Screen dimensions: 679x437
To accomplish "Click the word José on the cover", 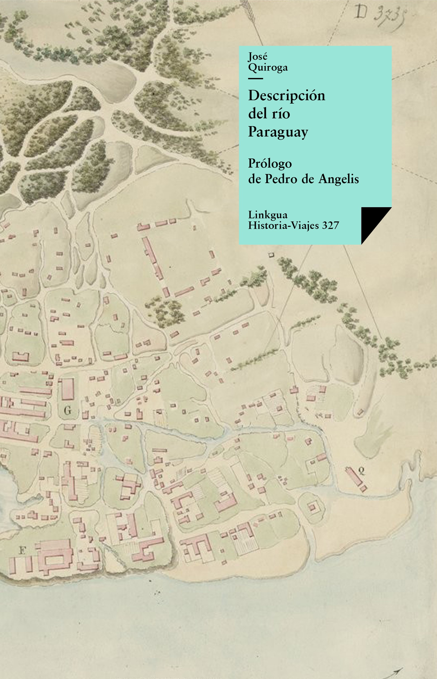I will click(257, 57).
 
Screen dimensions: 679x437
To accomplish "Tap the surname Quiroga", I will click(268, 67).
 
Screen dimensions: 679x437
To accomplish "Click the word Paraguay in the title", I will click(278, 132).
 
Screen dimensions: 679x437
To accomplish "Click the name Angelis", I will click(339, 179).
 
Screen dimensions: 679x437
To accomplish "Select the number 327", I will click(331, 226).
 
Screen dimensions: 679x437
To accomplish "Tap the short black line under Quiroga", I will click(255, 78).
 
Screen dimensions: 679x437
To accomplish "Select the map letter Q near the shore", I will click(361, 471).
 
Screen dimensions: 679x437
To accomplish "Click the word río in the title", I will click(280, 114).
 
